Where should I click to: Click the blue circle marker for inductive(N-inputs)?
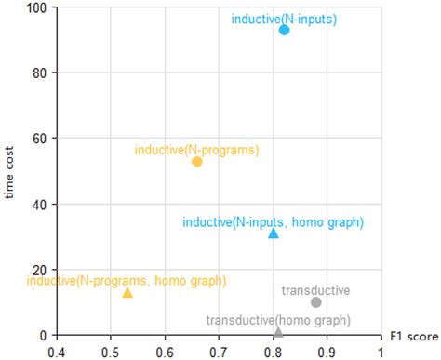pyautogui.click(x=285, y=30)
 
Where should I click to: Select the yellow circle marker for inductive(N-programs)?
pyautogui.click(x=196, y=162)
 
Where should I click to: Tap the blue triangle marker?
pyautogui.click(x=274, y=233)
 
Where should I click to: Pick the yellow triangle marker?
pyautogui.click(x=127, y=293)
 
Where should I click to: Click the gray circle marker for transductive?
pyautogui.click(x=316, y=302)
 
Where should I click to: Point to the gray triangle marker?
pyautogui.click(x=278, y=331)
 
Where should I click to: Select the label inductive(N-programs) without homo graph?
pyautogui.click(x=196, y=149)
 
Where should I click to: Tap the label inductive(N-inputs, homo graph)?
pyautogui.click(x=273, y=221)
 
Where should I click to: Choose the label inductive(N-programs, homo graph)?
pyautogui.click(x=126, y=280)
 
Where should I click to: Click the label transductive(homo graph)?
pyautogui.click(x=277, y=320)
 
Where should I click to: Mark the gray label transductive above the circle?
pyautogui.click(x=315, y=290)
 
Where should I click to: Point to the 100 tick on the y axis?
pyautogui.click(x=38, y=8)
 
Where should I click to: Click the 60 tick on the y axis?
pyautogui.click(x=41, y=139)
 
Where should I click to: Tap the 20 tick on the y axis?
pyautogui.click(x=41, y=270)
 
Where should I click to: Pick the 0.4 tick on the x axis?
pyautogui.click(x=56, y=352)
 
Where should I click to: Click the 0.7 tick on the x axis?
pyautogui.click(x=218, y=352)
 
